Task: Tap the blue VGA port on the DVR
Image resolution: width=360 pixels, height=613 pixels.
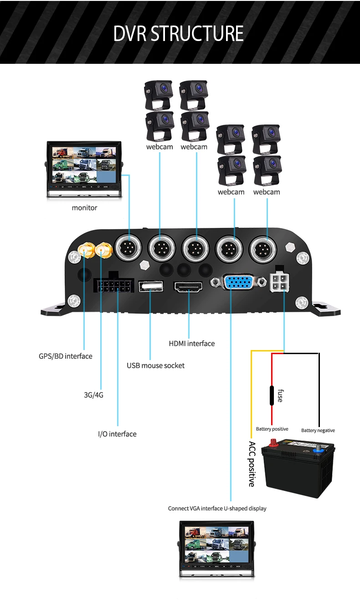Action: tap(238, 283)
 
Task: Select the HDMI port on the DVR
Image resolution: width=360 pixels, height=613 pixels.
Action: tap(188, 287)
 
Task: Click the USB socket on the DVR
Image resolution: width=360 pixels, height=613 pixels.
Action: tap(150, 287)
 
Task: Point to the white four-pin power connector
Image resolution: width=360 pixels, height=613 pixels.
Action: tap(279, 283)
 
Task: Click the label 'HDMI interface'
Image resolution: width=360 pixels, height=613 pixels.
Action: tap(191, 344)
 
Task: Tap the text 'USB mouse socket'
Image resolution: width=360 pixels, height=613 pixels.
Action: tap(155, 366)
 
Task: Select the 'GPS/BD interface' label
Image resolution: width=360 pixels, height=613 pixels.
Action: tap(66, 356)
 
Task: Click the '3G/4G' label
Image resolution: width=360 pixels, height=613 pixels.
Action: tap(93, 395)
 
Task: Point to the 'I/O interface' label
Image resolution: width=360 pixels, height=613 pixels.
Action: tap(117, 434)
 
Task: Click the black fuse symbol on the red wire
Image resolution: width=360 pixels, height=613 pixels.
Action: tap(272, 394)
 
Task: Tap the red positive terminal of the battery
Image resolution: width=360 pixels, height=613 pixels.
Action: tap(275, 442)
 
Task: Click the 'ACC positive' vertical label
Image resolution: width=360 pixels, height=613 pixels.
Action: tap(252, 464)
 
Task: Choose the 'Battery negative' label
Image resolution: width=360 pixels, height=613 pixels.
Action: tap(318, 430)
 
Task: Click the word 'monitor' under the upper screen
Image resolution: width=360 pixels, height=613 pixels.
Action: tap(84, 208)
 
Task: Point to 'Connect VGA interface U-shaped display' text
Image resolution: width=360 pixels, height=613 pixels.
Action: tap(217, 508)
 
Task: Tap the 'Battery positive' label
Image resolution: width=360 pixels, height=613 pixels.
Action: tap(272, 429)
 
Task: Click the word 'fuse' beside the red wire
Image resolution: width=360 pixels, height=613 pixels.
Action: tap(280, 394)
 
